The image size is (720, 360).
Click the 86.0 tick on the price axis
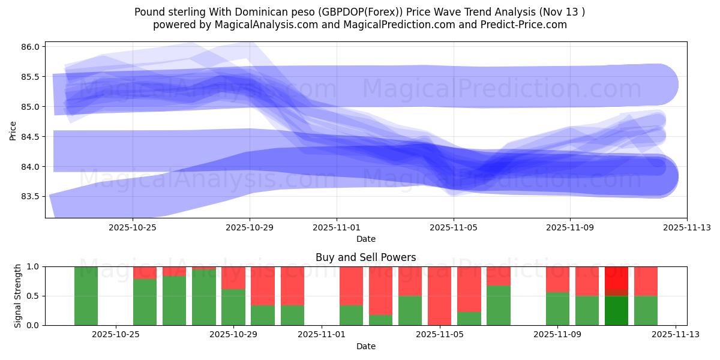pos(31,47)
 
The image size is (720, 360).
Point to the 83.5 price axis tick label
pos(31,196)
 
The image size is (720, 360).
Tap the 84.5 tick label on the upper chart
pos(31,137)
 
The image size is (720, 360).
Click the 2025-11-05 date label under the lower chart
pos(440,335)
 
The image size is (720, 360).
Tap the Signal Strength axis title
pos(18,296)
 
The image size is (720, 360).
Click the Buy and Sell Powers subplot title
pos(365,257)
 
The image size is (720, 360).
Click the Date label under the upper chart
pos(365,239)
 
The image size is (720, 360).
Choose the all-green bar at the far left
pos(86,296)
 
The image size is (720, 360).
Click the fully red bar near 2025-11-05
pos(440,296)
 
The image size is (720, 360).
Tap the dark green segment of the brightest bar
pos(616,311)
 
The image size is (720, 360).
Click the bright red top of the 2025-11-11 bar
pos(616,277)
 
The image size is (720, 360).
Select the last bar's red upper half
pos(646,281)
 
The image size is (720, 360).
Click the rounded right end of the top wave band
pos(666,84)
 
